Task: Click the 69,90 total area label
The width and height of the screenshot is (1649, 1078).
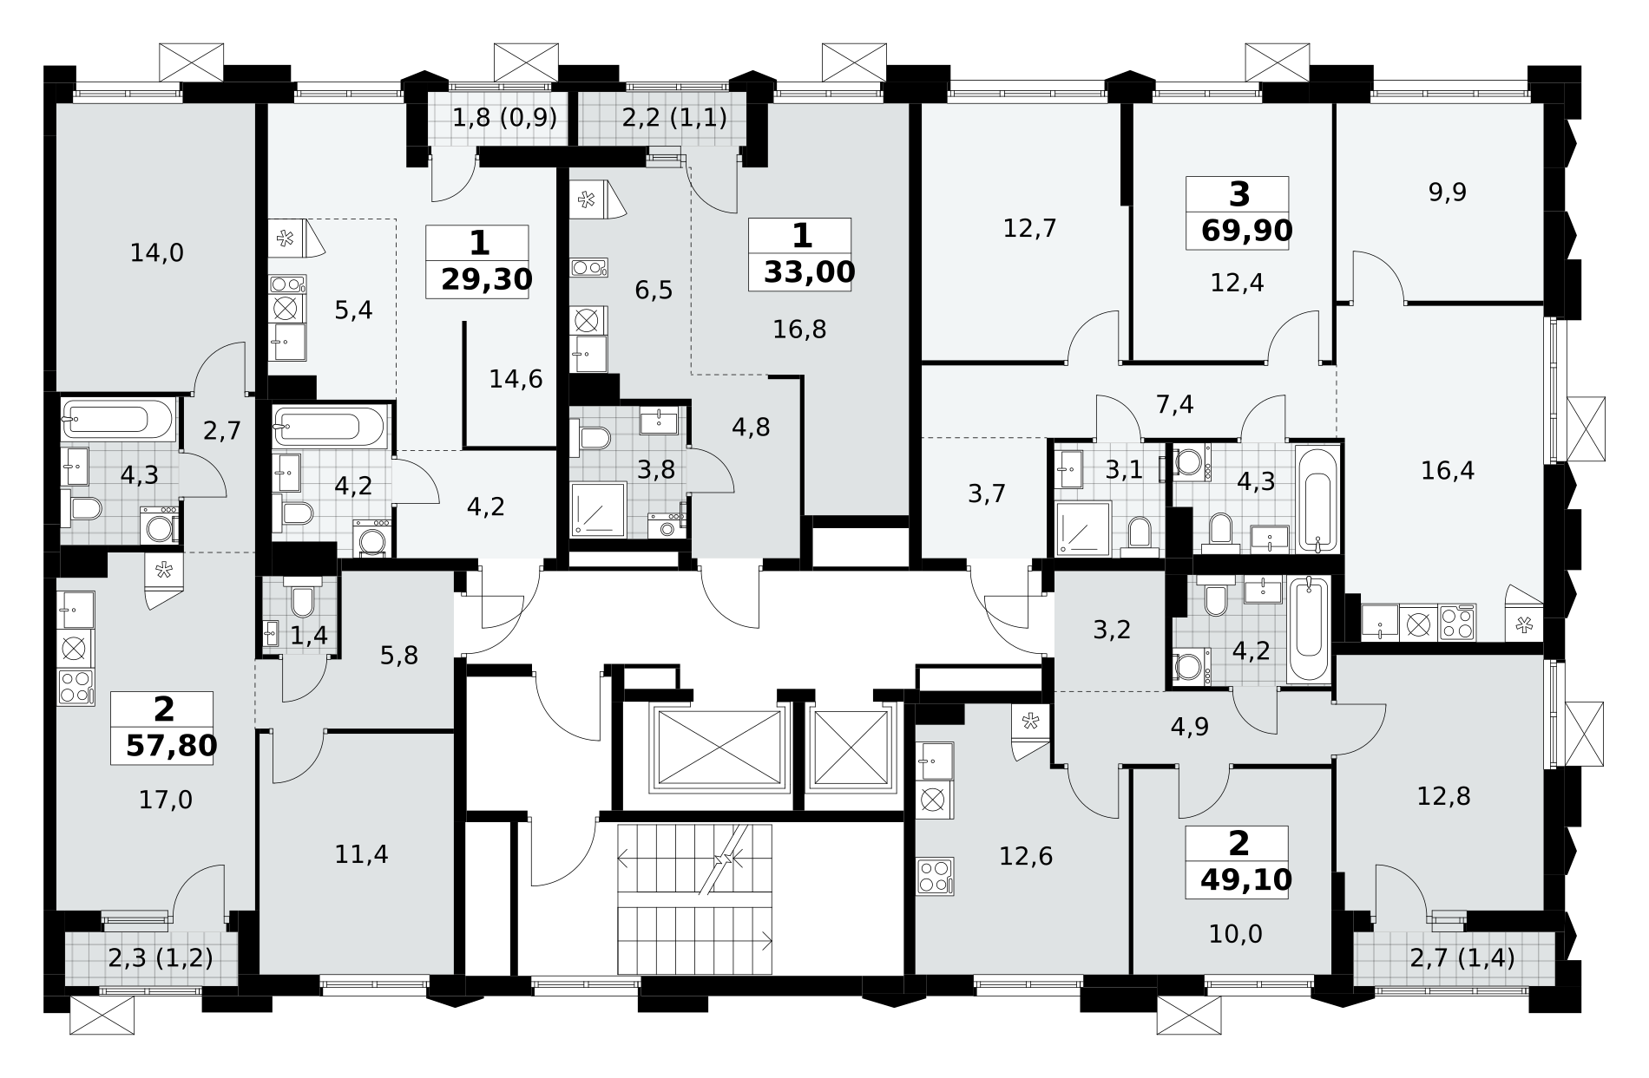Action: click(1247, 231)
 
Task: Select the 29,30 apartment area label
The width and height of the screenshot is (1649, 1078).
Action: click(486, 279)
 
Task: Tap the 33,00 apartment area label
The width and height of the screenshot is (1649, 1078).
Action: click(810, 272)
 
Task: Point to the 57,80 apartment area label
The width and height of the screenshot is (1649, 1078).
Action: click(171, 745)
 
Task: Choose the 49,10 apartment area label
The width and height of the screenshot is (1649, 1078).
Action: click(1246, 879)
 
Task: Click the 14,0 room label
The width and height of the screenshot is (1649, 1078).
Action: click(157, 253)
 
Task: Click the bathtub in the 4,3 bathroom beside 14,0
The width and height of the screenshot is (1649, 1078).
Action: click(119, 421)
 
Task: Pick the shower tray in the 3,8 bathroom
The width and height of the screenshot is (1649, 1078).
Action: click(598, 510)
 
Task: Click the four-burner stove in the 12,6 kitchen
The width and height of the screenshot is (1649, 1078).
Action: click(935, 876)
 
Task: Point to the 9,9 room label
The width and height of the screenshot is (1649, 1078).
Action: click(1448, 192)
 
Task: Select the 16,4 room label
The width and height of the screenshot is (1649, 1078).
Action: click(1448, 471)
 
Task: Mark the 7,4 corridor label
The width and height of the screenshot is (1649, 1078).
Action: click(1175, 404)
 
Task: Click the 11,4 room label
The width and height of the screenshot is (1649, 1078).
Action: click(361, 855)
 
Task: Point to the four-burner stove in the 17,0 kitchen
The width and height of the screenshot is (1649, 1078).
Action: click(76, 687)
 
